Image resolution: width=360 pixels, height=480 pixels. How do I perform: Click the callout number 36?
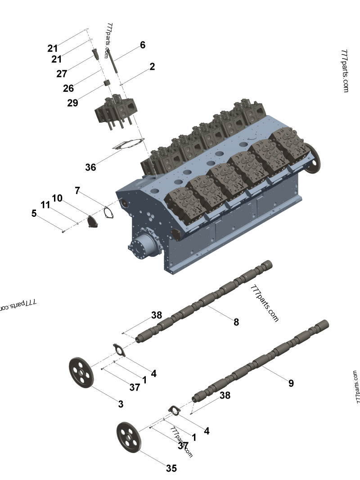click(x=90, y=167)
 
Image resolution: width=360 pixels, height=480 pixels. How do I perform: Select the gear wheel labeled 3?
click(x=81, y=372)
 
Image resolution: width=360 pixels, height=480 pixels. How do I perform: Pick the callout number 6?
click(x=143, y=45)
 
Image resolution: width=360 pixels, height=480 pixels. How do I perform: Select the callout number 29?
click(x=72, y=103)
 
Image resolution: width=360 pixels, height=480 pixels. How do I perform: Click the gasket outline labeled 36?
click(x=128, y=147)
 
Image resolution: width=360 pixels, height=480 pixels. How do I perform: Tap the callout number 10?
click(x=57, y=198)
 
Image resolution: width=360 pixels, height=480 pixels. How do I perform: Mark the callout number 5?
click(x=34, y=213)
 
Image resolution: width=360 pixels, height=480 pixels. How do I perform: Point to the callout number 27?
click(x=62, y=74)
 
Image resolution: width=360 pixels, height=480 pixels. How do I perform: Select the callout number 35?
click(x=171, y=468)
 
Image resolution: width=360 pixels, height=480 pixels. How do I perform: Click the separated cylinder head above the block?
click(x=116, y=110)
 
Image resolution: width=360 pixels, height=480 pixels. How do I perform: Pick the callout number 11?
click(x=45, y=205)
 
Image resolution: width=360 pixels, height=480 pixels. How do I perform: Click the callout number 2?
click(x=152, y=67)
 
